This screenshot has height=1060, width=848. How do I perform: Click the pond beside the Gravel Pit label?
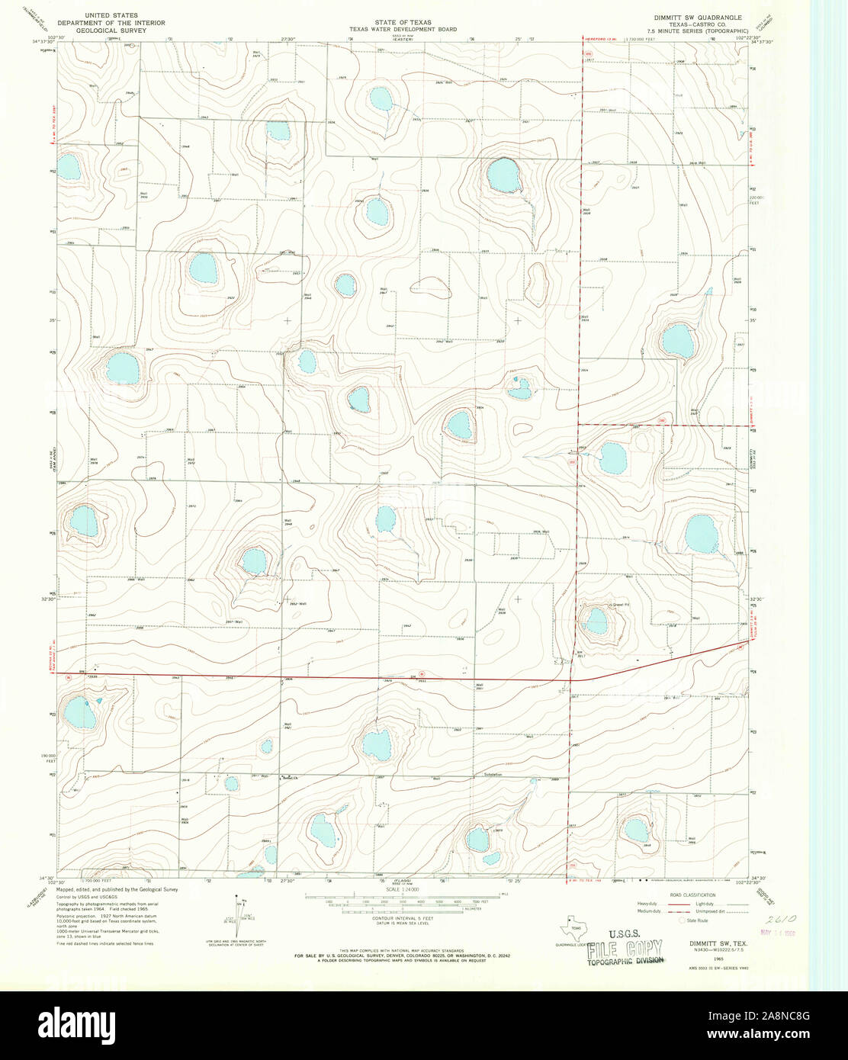[596, 621]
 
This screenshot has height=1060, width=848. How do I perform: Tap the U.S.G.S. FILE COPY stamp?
[624, 948]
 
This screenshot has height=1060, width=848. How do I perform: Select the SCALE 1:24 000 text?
[403, 890]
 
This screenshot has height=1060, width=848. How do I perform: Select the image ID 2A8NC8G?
[786, 1016]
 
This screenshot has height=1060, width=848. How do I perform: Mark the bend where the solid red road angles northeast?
[573, 678]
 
